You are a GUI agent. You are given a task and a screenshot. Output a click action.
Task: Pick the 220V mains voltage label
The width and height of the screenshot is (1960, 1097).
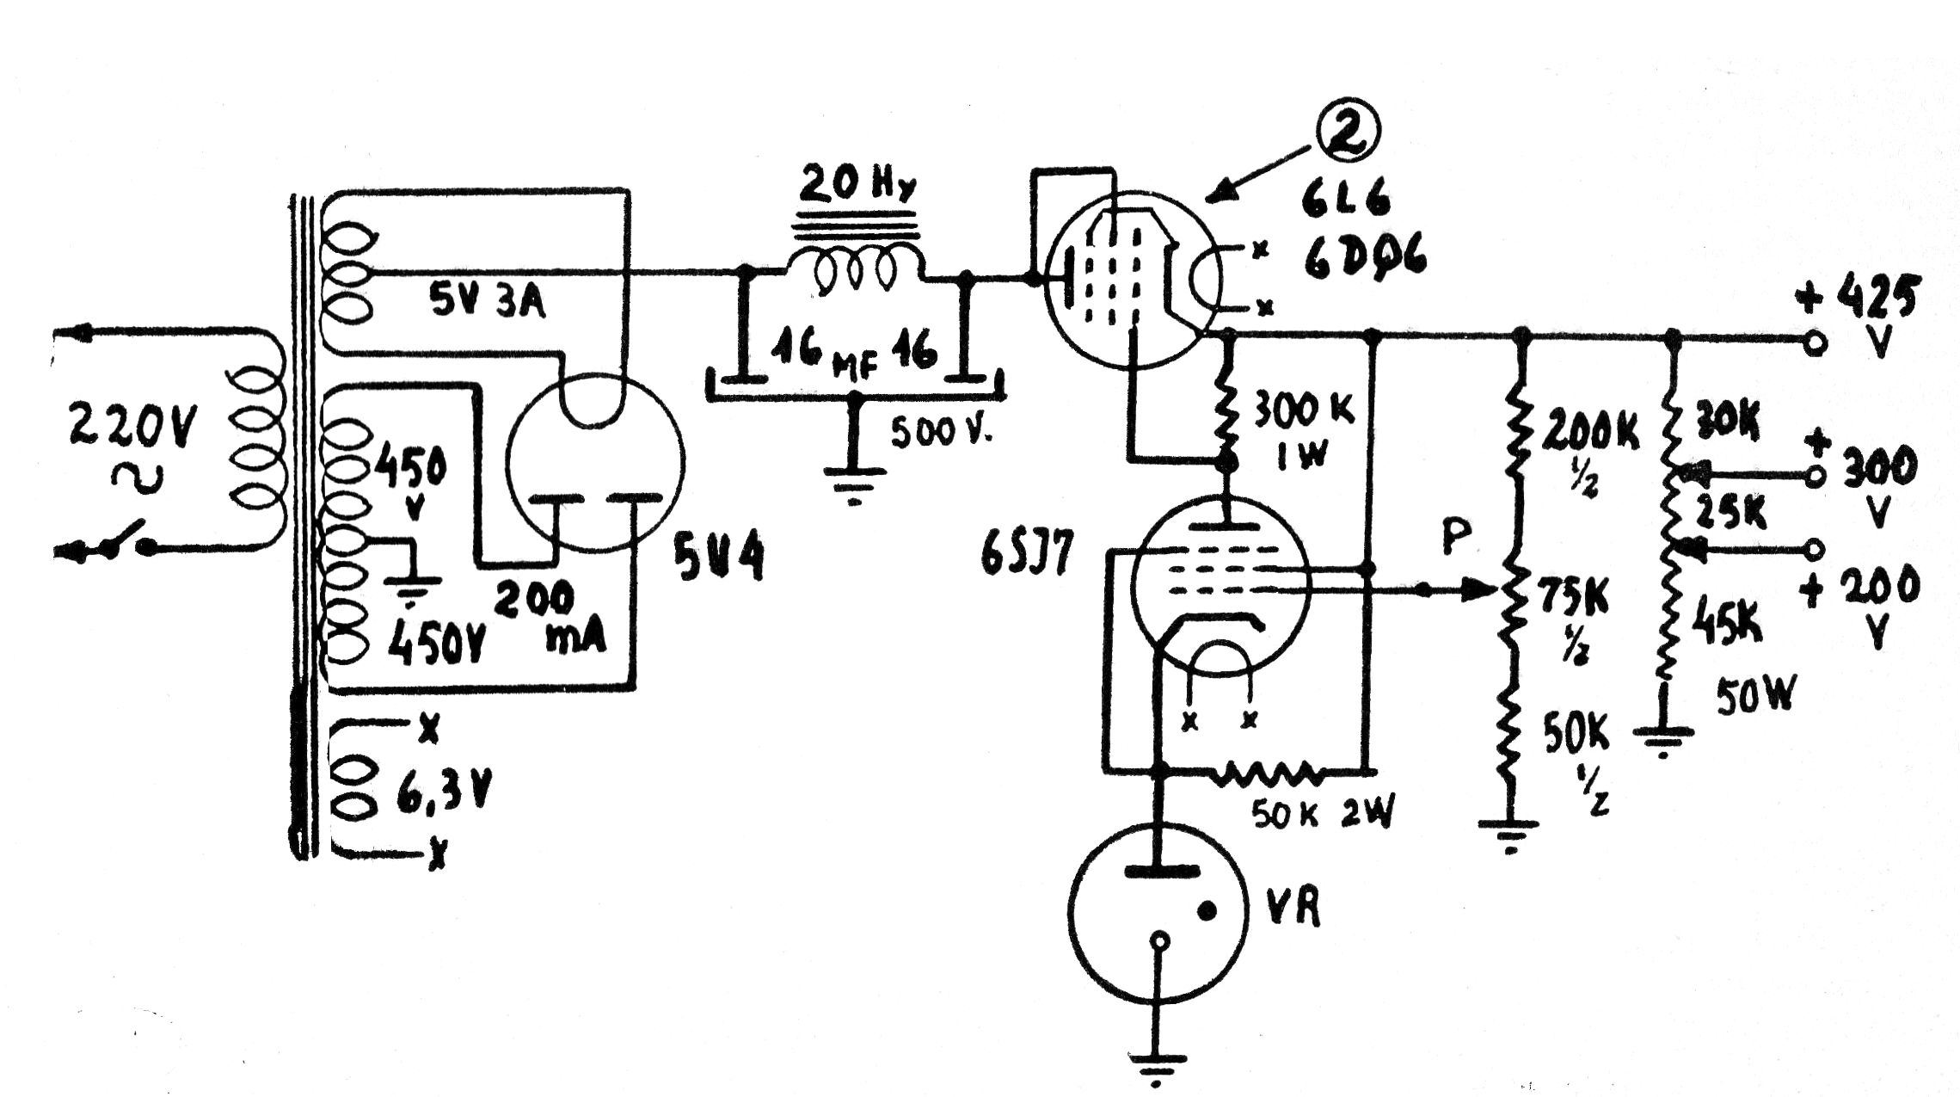pyautogui.click(x=133, y=427)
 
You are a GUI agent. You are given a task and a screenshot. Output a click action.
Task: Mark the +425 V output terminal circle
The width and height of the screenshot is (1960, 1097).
pyautogui.click(x=1814, y=343)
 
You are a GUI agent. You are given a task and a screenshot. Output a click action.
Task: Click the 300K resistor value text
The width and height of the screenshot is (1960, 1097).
pyautogui.click(x=1303, y=413)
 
